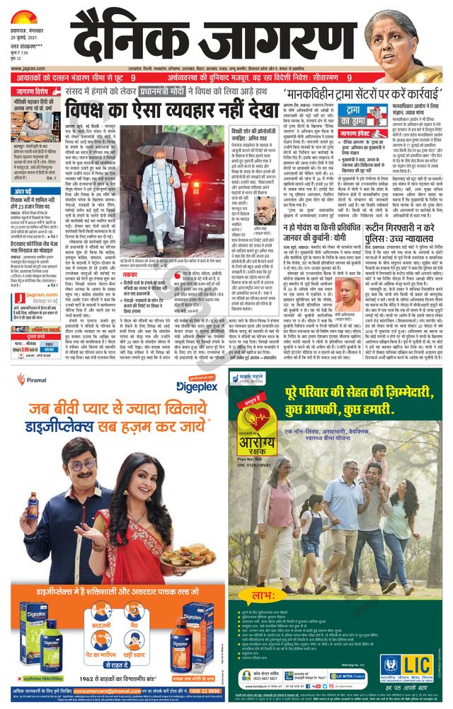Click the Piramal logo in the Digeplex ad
31,380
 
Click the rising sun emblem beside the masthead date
25,13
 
